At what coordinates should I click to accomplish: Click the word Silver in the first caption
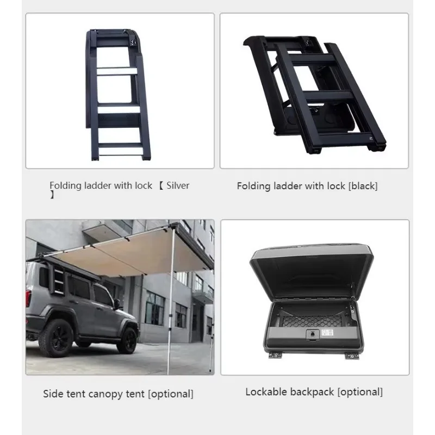tap(178, 185)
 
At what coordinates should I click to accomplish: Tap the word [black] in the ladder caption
tap(363, 186)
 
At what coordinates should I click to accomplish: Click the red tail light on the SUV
tap(28, 298)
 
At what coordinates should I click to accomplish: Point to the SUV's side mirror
tap(117, 303)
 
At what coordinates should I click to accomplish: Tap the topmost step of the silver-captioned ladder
tap(117, 71)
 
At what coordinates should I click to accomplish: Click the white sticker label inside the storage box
tap(328, 333)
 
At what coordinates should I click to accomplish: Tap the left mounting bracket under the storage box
tap(275, 355)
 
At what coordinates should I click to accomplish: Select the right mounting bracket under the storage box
tap(352, 356)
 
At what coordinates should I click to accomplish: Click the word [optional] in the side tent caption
tap(171, 394)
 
